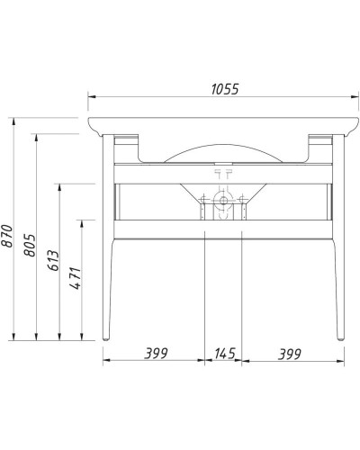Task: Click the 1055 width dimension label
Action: click(223, 88)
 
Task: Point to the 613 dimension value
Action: click(52, 261)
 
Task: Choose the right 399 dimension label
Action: click(288, 353)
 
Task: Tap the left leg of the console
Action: click(109, 288)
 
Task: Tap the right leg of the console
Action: click(338, 288)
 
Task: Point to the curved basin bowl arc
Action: click(222, 146)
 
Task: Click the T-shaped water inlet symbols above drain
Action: click(222, 169)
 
